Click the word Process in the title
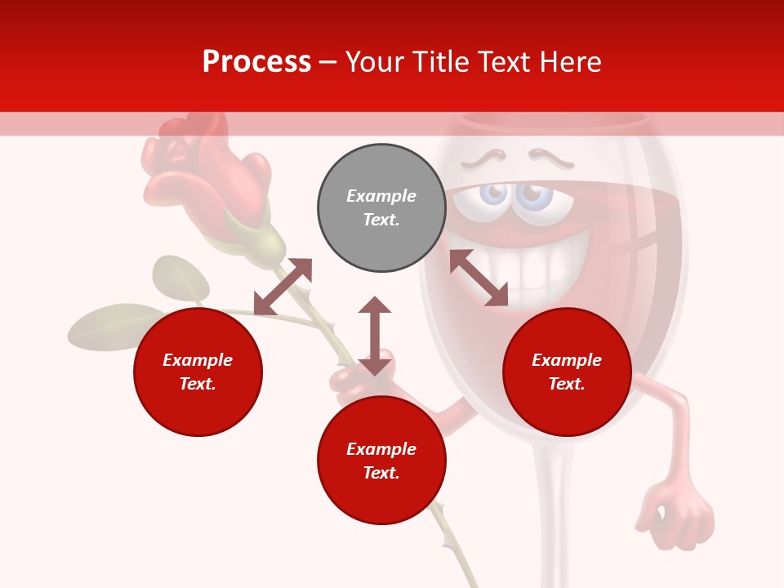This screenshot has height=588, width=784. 256,62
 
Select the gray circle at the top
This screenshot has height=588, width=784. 381,208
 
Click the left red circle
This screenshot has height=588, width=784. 198,372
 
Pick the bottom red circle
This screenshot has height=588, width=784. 381,461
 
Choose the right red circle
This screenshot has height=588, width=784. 567,372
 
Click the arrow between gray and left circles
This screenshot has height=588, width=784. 283,287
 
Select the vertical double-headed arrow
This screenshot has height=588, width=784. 375,336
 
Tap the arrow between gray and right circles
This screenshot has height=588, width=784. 479,278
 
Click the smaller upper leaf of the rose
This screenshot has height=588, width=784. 180,278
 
